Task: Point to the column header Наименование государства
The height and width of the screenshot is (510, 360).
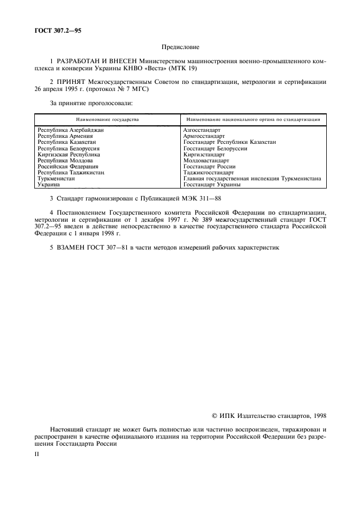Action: (x=107, y=119)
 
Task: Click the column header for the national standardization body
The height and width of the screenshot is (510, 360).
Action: (x=253, y=119)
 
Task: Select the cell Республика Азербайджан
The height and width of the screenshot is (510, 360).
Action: (x=70, y=130)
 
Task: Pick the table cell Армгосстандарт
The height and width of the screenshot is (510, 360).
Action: (x=204, y=136)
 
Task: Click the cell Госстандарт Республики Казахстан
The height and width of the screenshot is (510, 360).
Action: (x=229, y=142)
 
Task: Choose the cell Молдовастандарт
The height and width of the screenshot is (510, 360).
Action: (x=206, y=161)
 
